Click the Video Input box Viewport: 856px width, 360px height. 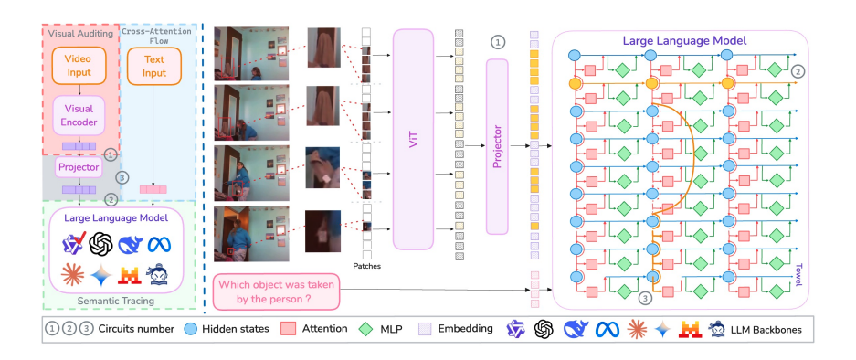79,65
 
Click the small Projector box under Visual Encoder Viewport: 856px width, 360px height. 78,168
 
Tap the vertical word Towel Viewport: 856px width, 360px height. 796,273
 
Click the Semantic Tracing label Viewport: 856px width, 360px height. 115,300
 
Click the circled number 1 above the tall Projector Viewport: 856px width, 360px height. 498,42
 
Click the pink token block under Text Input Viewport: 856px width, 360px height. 152,189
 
